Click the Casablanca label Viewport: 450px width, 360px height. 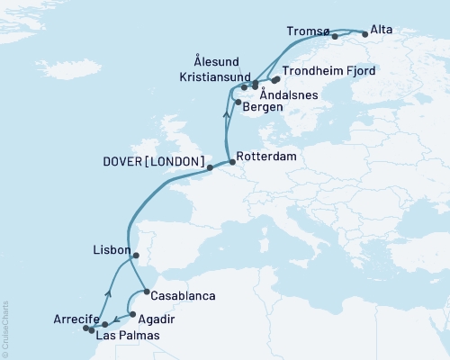tap(184, 294)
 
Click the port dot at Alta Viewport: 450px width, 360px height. tap(364, 34)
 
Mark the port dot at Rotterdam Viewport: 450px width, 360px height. tap(233, 162)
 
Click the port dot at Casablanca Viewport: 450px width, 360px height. tap(146, 292)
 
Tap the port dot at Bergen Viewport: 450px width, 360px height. tap(238, 103)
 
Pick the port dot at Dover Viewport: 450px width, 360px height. tap(209, 167)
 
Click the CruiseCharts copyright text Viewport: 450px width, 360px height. tap(5, 326)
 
